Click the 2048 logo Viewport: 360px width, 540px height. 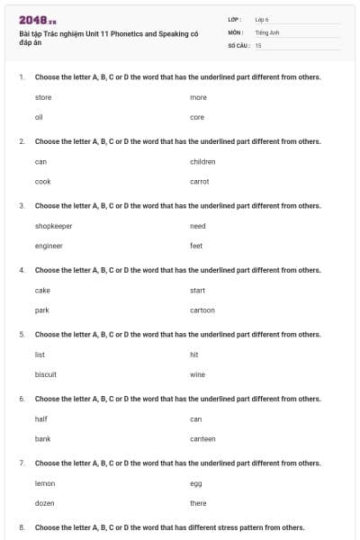tap(37, 20)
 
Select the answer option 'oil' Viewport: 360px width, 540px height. tap(39, 117)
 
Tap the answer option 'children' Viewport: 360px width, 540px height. tap(202, 161)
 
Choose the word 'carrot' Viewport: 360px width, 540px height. tap(199, 181)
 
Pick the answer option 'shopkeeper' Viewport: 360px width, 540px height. tap(53, 226)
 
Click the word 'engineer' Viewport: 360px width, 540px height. tap(49, 246)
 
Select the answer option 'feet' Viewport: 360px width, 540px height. tap(196, 246)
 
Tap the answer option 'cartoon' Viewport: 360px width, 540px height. tap(202, 310)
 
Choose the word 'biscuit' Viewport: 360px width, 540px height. tap(46, 374)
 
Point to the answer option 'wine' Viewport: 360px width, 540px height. tap(197, 374)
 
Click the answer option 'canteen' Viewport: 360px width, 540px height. tap(202, 438)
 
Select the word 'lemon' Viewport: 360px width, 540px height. tap(45, 483)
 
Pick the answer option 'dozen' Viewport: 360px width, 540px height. tap(45, 503)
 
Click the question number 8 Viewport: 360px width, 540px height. tap(21, 526)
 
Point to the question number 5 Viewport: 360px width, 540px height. tap(21, 334)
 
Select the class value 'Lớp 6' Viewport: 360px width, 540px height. tap(262, 19)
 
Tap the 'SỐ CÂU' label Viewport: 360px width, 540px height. tap(238, 44)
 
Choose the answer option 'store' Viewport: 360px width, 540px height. tap(43, 97)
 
